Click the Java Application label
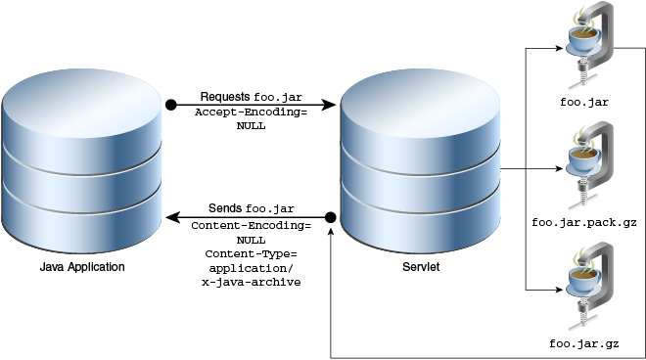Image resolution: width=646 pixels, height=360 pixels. tap(82, 266)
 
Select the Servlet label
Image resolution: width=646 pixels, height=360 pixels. tap(420, 266)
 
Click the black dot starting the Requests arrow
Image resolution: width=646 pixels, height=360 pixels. tap(170, 104)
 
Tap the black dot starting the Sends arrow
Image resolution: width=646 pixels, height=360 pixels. tap(331, 216)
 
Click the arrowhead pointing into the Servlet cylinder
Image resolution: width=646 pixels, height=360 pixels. tap(333, 104)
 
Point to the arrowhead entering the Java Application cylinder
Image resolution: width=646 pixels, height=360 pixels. tap(168, 216)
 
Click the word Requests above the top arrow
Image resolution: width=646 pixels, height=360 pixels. tap(225, 97)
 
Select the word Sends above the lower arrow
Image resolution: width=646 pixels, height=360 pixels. tap(225, 209)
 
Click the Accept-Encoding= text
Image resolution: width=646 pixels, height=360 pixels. tap(251, 112)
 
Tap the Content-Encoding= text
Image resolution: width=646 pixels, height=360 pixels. tap(251, 225)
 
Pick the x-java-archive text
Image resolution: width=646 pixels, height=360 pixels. tap(251, 282)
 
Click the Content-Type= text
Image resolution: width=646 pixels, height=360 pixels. tap(251, 253)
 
